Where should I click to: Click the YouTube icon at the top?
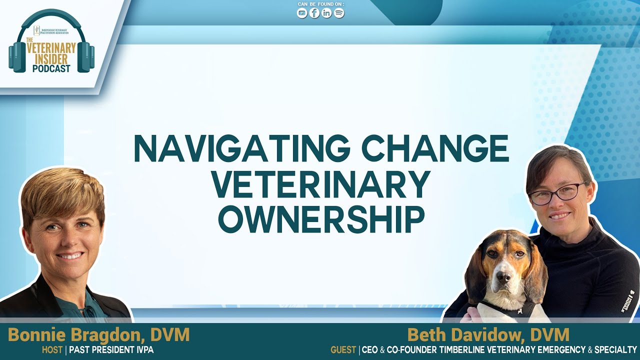tap(302, 13)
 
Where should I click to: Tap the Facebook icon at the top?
tap(314, 13)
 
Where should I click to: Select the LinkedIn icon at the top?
tap(326, 13)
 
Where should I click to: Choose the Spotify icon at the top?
tap(339, 13)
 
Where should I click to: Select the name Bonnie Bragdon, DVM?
tap(98, 335)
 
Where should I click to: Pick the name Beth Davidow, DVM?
tap(488, 335)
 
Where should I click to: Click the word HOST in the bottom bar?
tap(52, 350)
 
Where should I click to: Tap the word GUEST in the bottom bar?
tap(343, 350)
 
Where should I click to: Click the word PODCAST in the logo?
tap(51, 68)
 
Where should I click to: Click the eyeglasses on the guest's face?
tap(556, 193)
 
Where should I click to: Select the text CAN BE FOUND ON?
tap(320, 4)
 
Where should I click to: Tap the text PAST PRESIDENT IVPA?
tap(111, 350)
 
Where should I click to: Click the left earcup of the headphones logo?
tap(17, 56)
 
